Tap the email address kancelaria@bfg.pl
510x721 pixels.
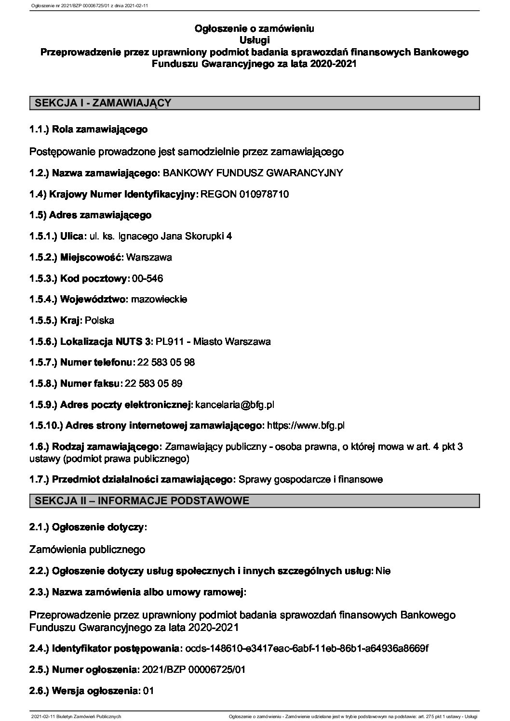(235, 405)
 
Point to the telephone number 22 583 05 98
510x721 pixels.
(166, 362)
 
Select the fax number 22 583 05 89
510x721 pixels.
(153, 384)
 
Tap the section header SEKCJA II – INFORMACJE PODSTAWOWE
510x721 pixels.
(142, 501)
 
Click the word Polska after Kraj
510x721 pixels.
(99, 320)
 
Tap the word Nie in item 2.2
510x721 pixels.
(383, 571)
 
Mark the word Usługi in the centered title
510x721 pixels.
(255, 39)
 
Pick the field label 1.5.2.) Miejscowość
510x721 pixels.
(76, 257)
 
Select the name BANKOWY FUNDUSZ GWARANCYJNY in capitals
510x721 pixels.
(254, 173)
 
